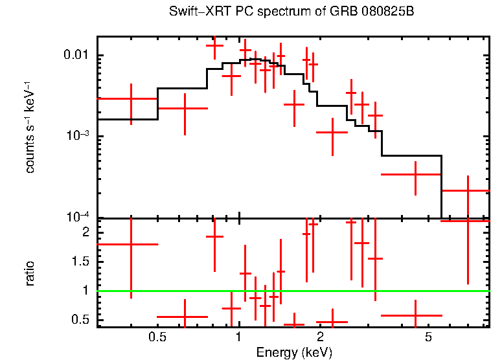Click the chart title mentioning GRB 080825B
click(x=291, y=12)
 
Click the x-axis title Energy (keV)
click(x=294, y=352)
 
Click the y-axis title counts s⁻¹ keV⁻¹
click(x=30, y=127)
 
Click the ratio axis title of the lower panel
click(x=30, y=273)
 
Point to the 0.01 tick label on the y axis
click(x=76, y=56)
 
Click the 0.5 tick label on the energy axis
click(x=157, y=337)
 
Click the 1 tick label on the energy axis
click(x=239, y=337)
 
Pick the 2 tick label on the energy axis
click(x=320, y=337)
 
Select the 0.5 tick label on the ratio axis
click(x=82, y=319)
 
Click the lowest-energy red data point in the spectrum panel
click(x=131, y=99)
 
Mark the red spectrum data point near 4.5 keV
click(x=415, y=174)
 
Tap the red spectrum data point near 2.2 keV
click(x=332, y=132)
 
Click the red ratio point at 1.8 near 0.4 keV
click(x=131, y=244)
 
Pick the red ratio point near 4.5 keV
click(x=415, y=315)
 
